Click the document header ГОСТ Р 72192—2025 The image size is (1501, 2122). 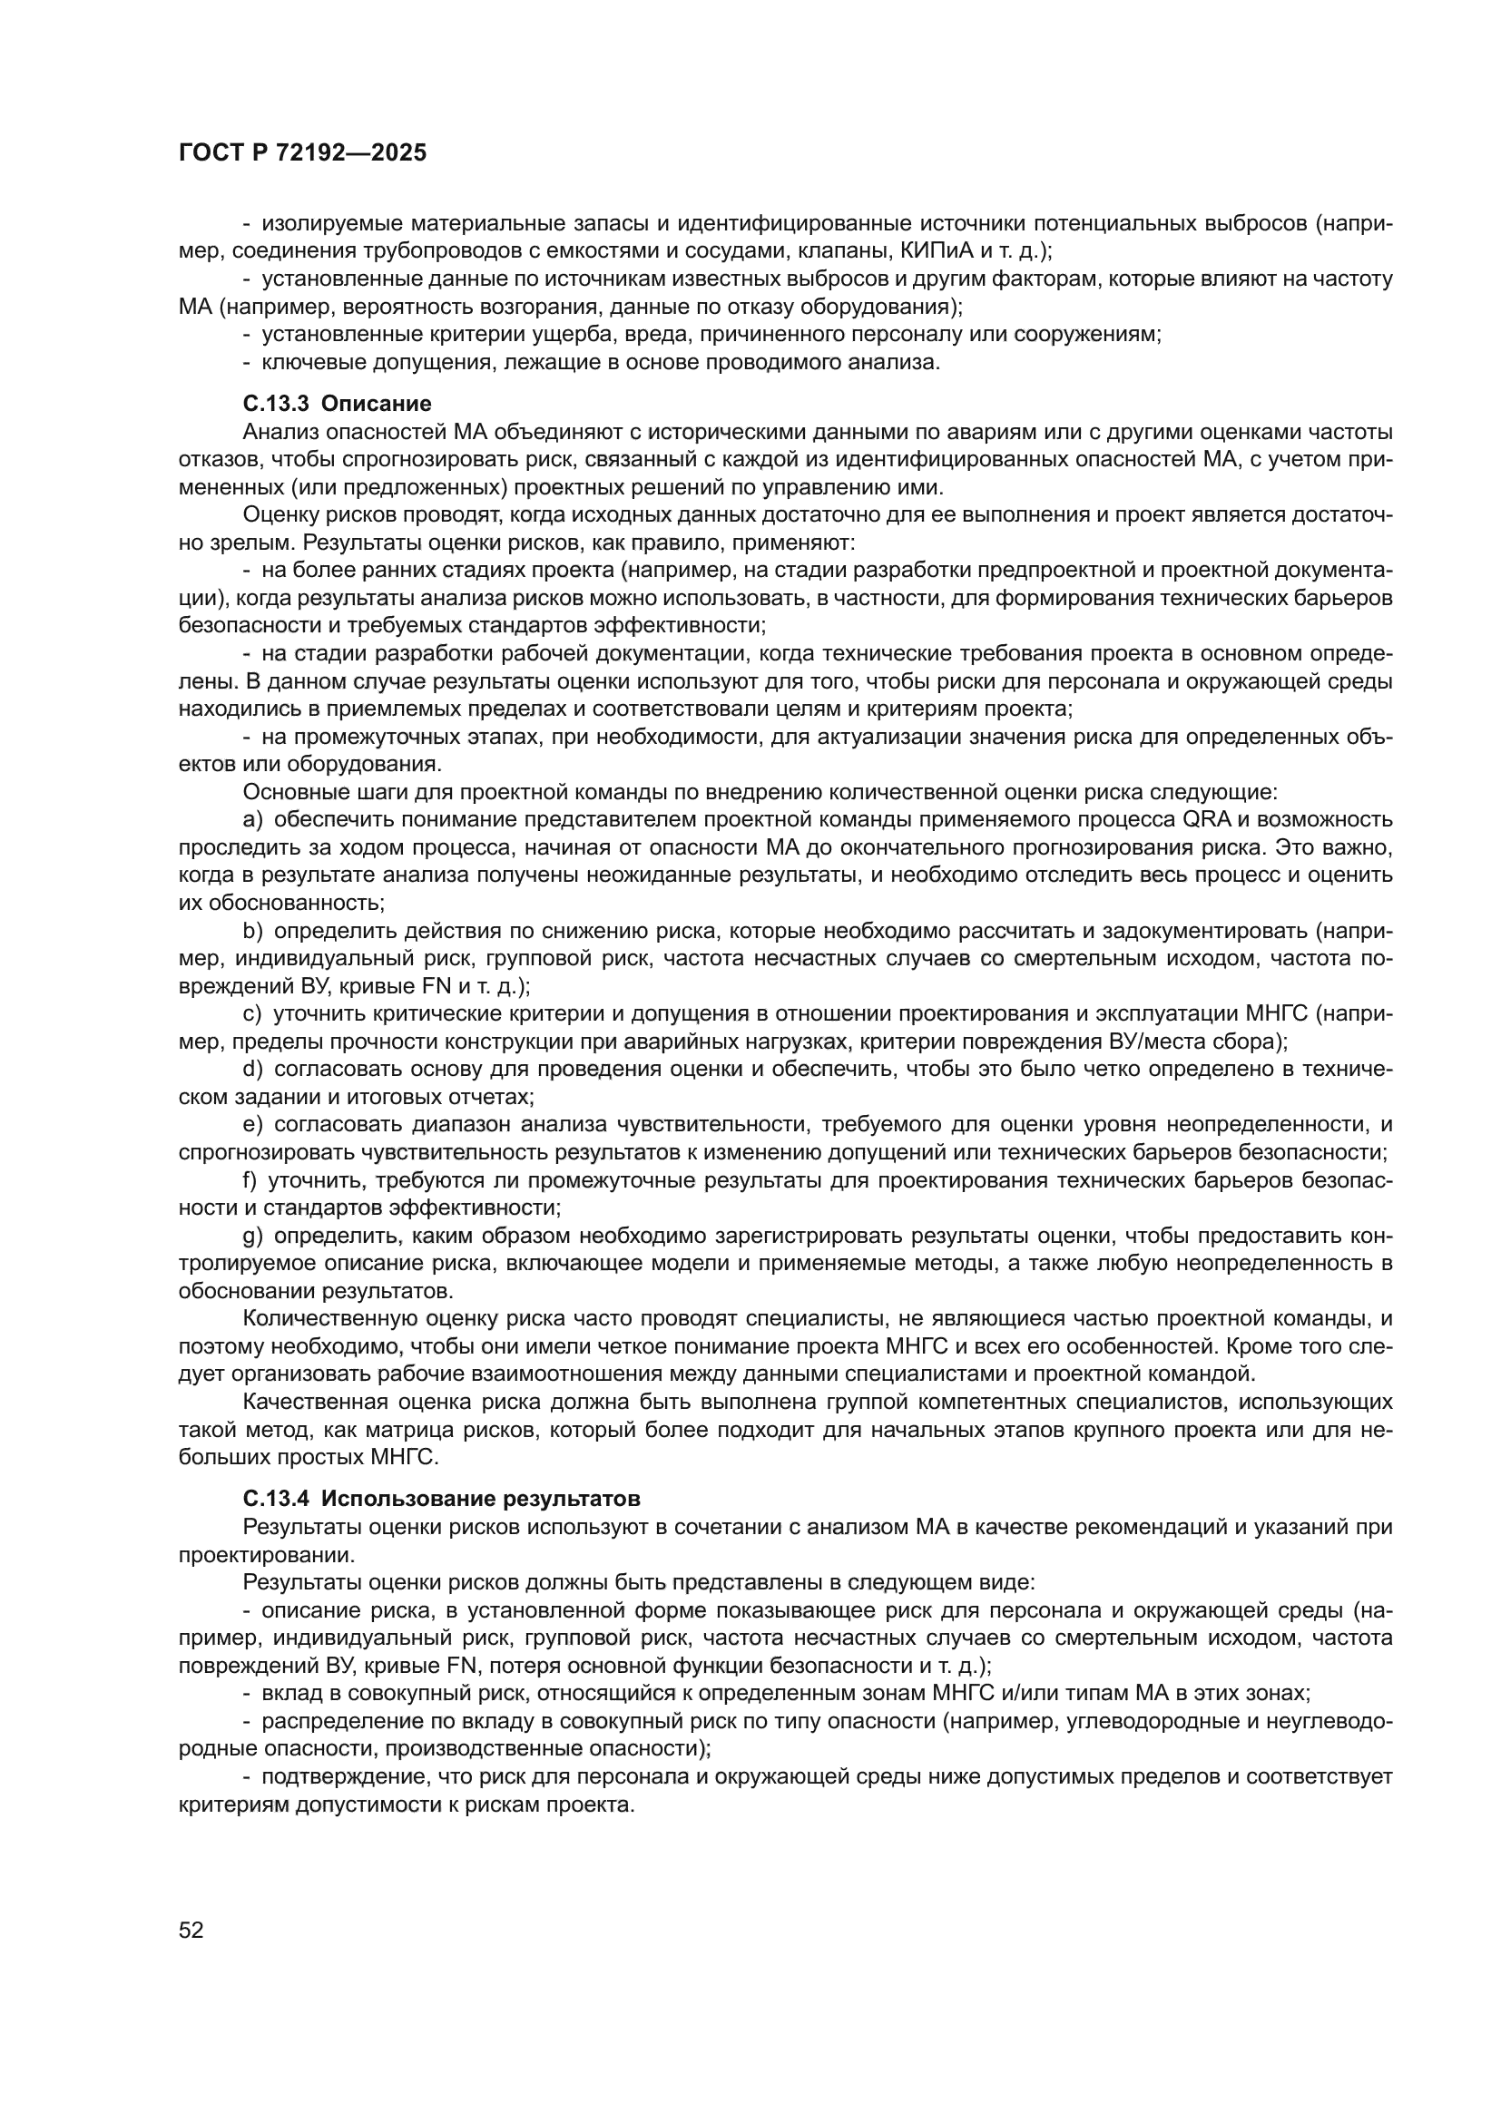click(302, 153)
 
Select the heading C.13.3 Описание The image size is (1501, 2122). click(337, 404)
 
